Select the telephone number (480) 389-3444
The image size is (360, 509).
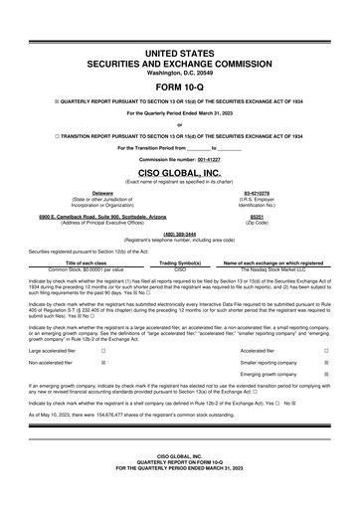coord(180,235)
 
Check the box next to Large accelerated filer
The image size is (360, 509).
coord(103,350)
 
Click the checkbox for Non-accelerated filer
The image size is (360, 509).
coord(103,364)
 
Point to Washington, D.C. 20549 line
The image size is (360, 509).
coord(180,73)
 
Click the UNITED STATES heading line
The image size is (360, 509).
coord(180,51)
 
